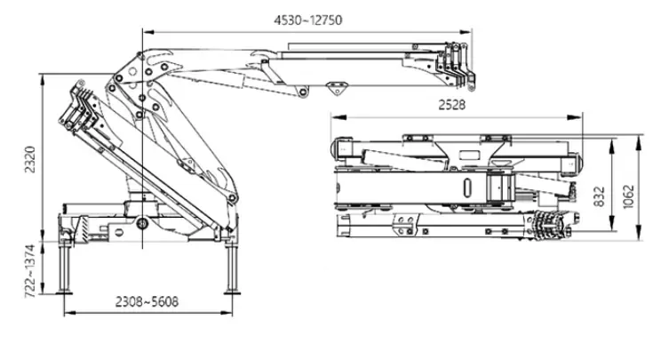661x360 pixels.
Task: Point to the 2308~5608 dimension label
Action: point(146,301)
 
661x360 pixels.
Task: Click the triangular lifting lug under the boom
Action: point(338,88)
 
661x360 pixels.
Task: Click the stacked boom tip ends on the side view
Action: point(458,67)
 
